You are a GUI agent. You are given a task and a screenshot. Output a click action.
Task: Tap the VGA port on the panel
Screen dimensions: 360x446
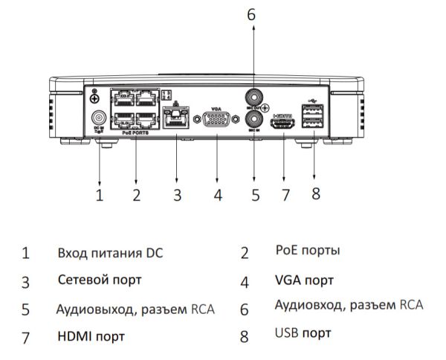pos(217,119)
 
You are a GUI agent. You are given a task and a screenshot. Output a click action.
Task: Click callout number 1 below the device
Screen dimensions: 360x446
pos(100,196)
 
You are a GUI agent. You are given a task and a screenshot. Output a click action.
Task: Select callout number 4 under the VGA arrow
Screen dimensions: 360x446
pos(218,196)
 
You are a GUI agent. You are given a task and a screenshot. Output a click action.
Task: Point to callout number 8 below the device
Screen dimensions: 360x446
pos(315,193)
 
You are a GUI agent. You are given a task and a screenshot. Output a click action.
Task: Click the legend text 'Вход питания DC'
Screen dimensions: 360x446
pos(110,253)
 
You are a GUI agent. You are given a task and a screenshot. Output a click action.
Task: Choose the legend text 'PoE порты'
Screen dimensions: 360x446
pos(308,251)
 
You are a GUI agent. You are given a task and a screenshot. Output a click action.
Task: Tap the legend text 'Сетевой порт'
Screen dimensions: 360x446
pos(100,280)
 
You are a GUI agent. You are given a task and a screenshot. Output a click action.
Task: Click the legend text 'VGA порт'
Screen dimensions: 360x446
pos(303,281)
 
